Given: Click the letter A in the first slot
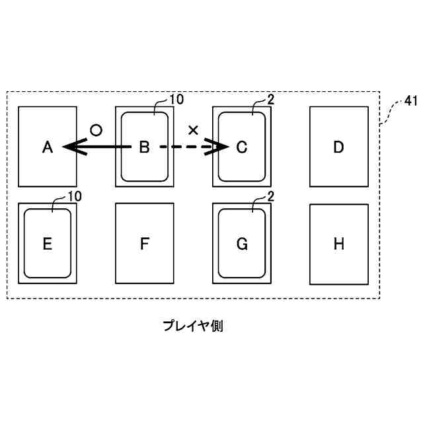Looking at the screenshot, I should [47, 147].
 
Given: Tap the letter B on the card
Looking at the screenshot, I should [144, 147].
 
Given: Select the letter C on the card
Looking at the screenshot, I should [241, 147].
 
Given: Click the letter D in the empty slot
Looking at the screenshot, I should [338, 147].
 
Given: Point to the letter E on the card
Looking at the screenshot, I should [47, 245].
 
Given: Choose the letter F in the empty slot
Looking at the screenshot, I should [144, 245].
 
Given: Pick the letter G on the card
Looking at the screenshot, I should [241, 245].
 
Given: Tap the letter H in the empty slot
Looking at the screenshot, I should [338, 245].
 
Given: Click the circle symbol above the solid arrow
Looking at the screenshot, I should [96, 130].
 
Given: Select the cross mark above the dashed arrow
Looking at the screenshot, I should [194, 130].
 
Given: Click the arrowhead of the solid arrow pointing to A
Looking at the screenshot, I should [71, 147].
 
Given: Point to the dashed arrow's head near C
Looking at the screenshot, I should [219, 147].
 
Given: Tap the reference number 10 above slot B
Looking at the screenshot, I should [176, 99].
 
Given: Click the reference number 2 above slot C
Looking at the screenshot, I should [271, 99].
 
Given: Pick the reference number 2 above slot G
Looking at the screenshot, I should [271, 196].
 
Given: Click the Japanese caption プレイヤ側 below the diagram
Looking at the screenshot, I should [192, 327].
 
